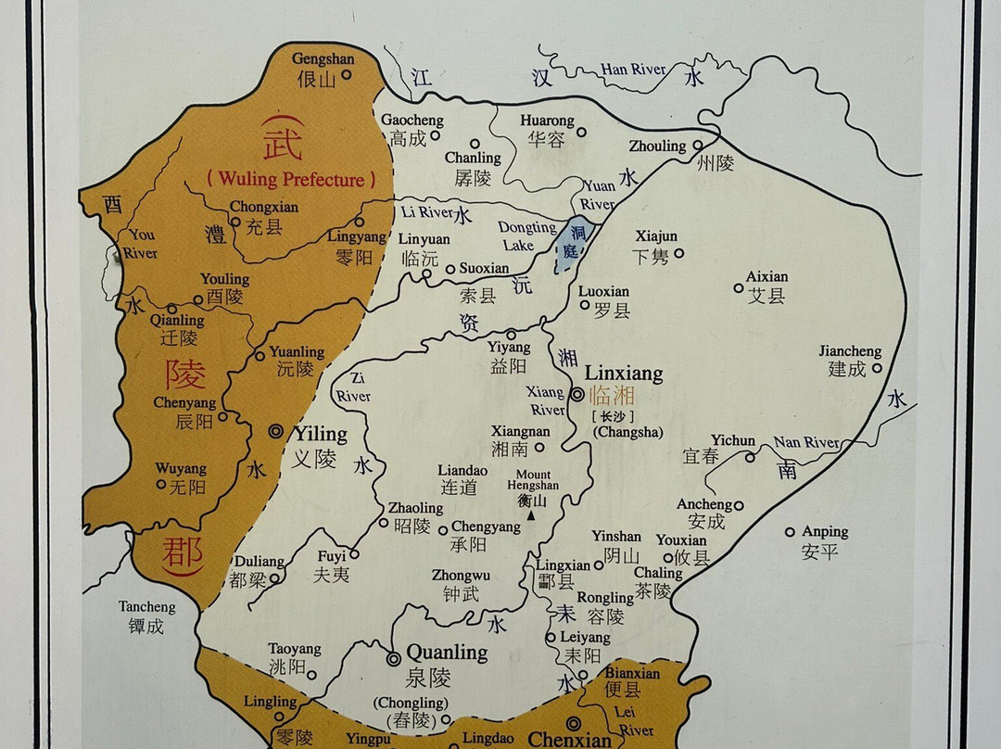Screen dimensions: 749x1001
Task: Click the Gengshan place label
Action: tap(323, 59)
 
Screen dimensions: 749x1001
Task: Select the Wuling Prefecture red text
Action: tap(292, 179)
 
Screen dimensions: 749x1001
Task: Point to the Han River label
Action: tap(633, 70)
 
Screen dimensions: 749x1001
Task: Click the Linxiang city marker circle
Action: tap(577, 394)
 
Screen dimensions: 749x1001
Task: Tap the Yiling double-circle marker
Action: tap(276, 431)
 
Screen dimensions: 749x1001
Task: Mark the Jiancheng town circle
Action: tap(877, 368)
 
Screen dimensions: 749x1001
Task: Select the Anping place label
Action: tap(825, 532)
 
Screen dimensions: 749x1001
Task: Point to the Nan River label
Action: tap(806, 442)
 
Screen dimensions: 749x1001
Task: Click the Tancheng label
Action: tap(146, 607)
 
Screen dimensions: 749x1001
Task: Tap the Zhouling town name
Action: tap(657, 146)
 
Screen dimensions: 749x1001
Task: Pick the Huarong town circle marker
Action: tap(582, 133)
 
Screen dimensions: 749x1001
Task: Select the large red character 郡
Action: tap(180, 552)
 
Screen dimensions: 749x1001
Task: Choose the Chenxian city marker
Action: tap(575, 723)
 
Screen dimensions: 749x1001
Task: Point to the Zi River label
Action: tap(353, 387)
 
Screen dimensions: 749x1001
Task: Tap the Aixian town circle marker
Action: tap(739, 288)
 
